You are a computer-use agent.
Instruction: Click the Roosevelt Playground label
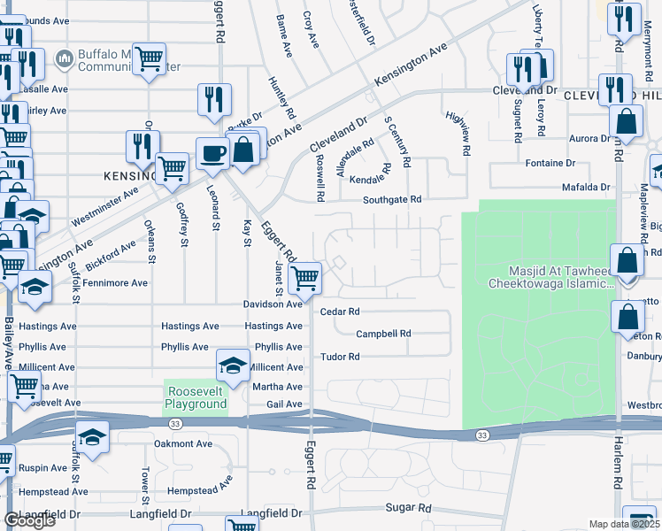point(196,396)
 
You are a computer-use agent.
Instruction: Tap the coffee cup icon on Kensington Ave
point(212,153)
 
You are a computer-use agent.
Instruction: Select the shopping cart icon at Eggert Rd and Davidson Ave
point(305,278)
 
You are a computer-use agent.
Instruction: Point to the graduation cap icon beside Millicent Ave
point(231,366)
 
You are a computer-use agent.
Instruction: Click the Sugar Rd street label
point(408,508)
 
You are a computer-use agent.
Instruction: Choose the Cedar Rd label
point(340,312)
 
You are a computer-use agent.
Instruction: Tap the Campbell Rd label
point(384,334)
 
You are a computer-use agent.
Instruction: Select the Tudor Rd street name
point(340,357)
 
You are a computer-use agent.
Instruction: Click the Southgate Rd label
point(391,200)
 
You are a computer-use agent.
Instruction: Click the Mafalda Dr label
point(586,188)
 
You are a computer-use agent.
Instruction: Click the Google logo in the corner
point(29,520)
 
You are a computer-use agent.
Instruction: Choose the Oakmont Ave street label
point(183,443)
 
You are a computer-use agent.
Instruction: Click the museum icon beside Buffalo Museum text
point(63,59)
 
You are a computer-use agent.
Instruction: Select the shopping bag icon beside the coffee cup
point(242,148)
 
